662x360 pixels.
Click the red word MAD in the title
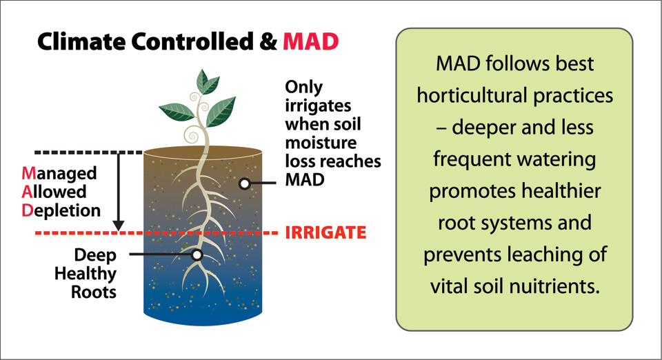(x=311, y=41)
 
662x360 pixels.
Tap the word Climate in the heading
(x=81, y=41)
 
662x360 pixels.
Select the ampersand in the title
(x=268, y=41)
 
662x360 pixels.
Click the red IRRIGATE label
(x=325, y=232)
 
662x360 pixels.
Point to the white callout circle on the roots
(x=197, y=254)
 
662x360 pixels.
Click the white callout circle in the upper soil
(x=244, y=183)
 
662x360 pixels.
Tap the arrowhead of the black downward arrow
(x=119, y=226)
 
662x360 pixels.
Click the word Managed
(x=59, y=174)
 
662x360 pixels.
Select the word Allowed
(x=54, y=192)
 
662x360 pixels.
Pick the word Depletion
(x=61, y=210)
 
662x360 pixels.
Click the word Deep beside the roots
(x=95, y=255)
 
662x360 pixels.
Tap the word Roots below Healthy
(x=94, y=292)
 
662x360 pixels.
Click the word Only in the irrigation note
(x=304, y=88)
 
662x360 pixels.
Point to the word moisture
(x=321, y=143)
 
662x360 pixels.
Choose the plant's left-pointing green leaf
(x=177, y=112)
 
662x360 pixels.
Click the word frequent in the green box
(x=472, y=160)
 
